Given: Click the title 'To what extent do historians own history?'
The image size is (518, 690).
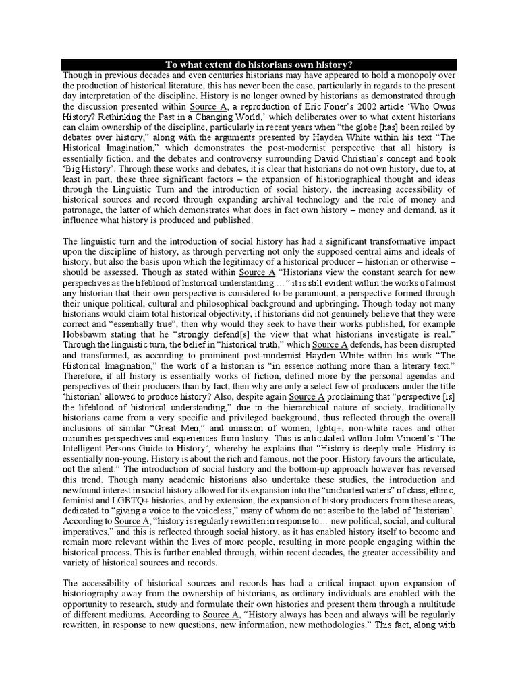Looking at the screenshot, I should point(259,64).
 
